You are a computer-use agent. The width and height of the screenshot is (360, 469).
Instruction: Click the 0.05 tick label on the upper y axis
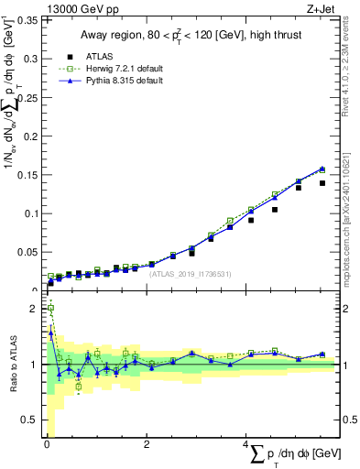tap(26, 252)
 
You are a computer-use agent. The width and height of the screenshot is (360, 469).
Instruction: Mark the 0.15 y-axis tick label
tap(26, 174)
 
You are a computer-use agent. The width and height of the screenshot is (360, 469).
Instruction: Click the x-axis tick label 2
tap(147, 444)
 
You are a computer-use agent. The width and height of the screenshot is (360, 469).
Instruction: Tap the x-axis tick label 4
tap(246, 444)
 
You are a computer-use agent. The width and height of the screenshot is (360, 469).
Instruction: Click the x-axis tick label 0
tap(47, 444)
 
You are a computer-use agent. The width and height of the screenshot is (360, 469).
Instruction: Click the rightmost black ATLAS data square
tap(322, 183)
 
